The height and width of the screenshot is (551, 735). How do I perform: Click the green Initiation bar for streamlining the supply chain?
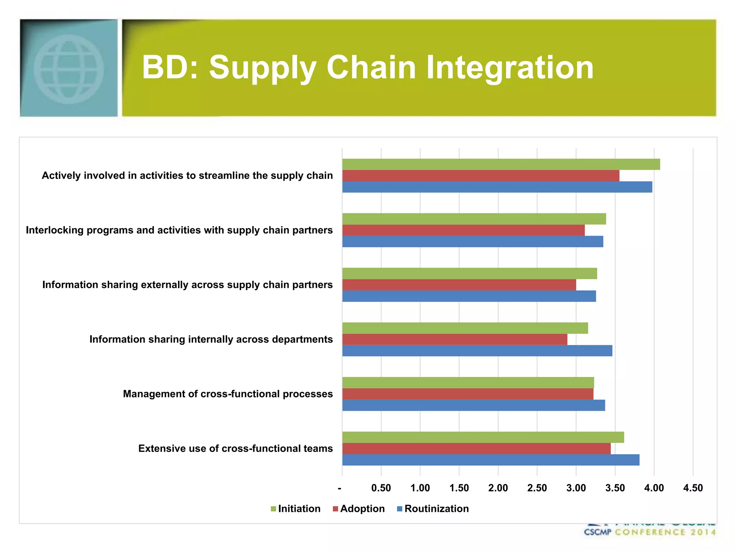[501, 164]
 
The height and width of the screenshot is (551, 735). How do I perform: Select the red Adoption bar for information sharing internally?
[454, 339]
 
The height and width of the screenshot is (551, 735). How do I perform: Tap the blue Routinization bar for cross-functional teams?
[490, 460]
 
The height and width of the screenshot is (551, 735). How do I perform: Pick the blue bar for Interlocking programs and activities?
[472, 241]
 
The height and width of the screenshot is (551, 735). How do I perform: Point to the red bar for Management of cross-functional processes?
[467, 394]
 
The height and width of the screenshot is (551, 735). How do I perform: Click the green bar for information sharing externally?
[469, 273]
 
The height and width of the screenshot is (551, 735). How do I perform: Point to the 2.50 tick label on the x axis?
[537, 488]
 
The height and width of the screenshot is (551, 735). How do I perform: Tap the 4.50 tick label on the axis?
[693, 488]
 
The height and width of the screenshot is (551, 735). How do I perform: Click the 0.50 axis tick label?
[381, 488]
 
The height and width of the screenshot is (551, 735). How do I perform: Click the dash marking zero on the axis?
[340, 488]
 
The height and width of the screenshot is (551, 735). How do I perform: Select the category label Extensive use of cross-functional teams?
[235, 448]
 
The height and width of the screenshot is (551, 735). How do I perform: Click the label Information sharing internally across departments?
[211, 339]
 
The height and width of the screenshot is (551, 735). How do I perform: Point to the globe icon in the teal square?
[69, 69]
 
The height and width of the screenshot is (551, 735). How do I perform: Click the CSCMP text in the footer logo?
[597, 532]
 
